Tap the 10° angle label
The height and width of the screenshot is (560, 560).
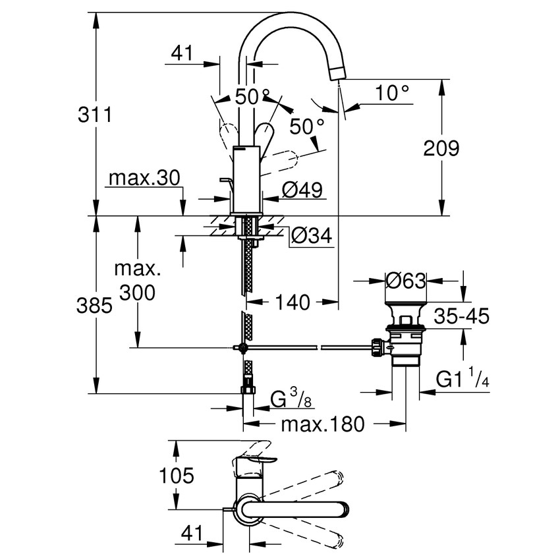point(393,94)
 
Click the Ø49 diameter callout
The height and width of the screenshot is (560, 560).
point(302,190)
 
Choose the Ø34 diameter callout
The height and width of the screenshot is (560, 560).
point(310,235)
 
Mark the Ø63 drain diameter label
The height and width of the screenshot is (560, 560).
point(406,280)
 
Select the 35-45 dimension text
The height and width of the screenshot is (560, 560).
point(461,317)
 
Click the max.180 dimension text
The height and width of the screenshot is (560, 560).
point(323,424)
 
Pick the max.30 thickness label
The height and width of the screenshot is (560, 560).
point(143,179)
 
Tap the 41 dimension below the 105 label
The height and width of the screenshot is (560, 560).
point(190,532)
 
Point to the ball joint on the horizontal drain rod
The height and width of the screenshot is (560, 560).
point(243,347)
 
